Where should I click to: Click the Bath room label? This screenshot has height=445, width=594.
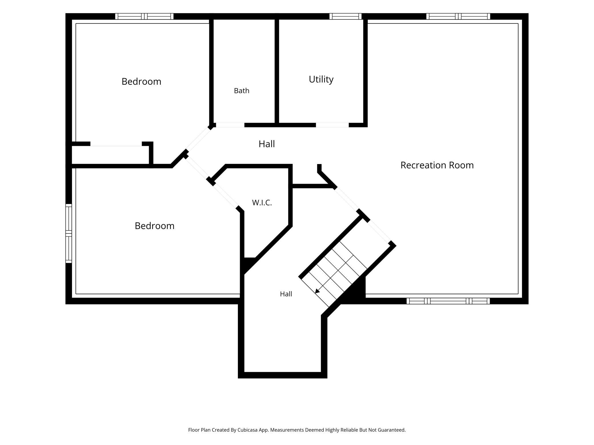[x=242, y=91]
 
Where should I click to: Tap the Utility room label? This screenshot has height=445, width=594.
[x=321, y=79]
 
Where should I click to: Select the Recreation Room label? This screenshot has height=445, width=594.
[x=437, y=165]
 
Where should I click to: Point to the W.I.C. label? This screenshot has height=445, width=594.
[x=262, y=203]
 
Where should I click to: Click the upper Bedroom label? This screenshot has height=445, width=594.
[x=141, y=82]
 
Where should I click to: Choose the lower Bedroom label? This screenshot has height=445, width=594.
[x=154, y=226]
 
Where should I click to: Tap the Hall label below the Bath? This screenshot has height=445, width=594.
[x=267, y=144]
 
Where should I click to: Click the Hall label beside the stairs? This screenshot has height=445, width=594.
[x=286, y=294]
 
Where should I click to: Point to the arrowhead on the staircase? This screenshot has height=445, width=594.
[x=317, y=291]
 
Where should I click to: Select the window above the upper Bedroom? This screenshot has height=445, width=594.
[x=144, y=16]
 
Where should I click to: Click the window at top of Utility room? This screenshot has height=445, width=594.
[x=345, y=16]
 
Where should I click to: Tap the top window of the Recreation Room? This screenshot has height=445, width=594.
[x=458, y=16]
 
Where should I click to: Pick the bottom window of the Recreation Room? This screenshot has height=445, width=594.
[x=448, y=301]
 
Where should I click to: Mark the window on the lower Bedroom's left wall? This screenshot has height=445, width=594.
[x=69, y=233]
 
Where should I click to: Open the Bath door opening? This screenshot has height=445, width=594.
[x=230, y=125]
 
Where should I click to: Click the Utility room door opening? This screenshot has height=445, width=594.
[x=332, y=125]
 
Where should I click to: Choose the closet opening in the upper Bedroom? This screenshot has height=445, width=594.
[x=116, y=144]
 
